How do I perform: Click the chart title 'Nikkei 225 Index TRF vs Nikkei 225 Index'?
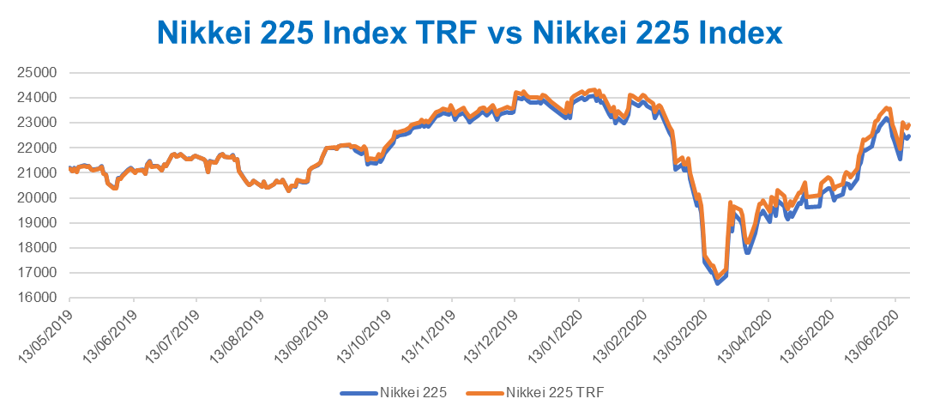470,33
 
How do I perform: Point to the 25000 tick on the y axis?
37,72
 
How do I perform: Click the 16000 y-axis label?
37,298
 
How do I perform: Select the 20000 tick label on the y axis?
37,197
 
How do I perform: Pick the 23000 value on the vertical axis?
37,123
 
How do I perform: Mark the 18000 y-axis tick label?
37,248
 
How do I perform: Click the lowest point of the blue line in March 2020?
717,282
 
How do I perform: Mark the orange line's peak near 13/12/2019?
515,92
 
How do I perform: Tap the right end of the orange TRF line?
908,125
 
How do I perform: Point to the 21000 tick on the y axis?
37,172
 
